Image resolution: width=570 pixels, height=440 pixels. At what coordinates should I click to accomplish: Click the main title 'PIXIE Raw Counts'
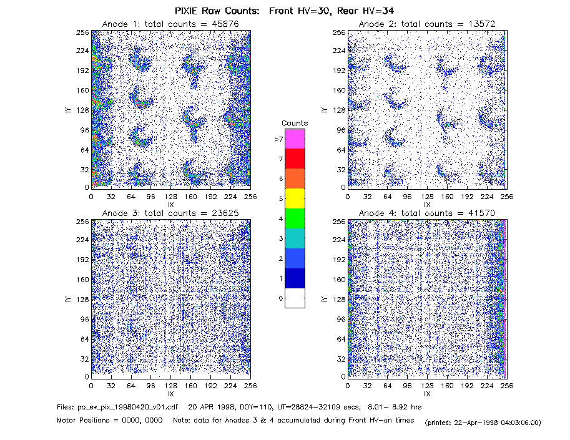(x=217, y=11)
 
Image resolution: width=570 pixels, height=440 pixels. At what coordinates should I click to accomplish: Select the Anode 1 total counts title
(x=170, y=24)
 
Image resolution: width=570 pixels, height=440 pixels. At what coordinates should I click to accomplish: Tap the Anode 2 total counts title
(x=427, y=24)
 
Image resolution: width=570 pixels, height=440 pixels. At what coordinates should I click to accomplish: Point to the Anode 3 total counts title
(x=170, y=213)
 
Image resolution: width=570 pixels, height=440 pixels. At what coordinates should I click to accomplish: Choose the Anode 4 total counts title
(x=427, y=213)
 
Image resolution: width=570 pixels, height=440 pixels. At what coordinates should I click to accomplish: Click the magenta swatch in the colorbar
(x=295, y=139)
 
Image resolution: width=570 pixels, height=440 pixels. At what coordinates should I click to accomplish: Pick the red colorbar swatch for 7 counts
(x=295, y=159)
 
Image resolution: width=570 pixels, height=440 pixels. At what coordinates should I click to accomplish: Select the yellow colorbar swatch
(x=295, y=198)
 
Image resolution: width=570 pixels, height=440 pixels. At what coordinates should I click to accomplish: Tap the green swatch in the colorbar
(x=295, y=218)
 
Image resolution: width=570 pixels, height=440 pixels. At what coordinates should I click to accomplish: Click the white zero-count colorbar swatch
(x=295, y=298)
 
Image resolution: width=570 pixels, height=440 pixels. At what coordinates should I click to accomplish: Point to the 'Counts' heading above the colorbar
(x=295, y=123)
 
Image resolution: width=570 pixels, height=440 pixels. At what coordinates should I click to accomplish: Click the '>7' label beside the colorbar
(x=278, y=139)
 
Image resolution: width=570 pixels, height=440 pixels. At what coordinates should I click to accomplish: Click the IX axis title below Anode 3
(x=171, y=394)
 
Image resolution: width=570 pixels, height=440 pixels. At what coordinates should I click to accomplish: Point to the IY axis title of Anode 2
(x=325, y=110)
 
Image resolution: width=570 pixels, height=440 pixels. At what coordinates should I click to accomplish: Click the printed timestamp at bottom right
(x=483, y=423)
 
